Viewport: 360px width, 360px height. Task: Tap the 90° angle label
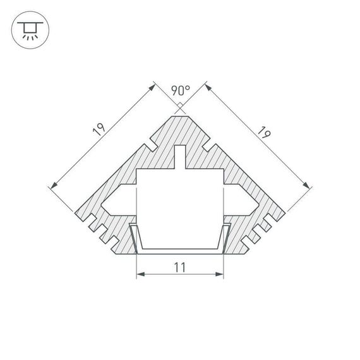pos(180,90)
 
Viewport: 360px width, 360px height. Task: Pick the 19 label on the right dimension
pos(264,132)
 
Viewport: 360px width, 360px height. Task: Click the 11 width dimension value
pos(180,267)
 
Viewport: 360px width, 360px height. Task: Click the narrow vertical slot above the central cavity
pos(180,158)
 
